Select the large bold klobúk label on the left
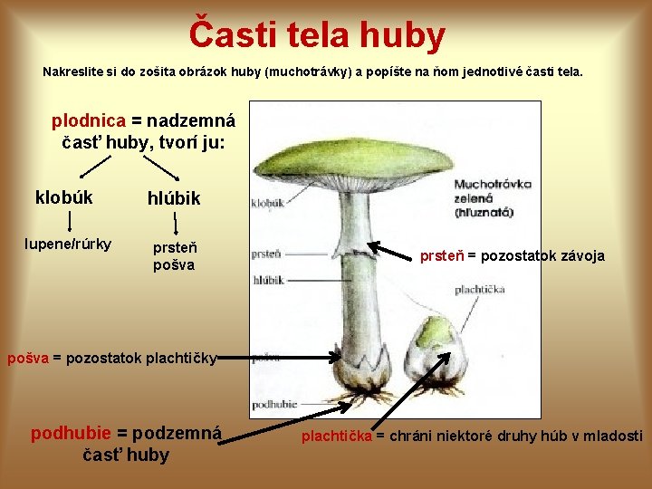(63, 197)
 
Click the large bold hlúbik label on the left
(174, 198)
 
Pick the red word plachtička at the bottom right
(336, 436)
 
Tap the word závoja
(578, 256)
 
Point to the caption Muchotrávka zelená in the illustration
(493, 198)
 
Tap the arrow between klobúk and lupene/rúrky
(70, 220)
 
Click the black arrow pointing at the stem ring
(393, 251)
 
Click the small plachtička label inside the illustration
(479, 290)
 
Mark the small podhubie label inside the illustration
(269, 405)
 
